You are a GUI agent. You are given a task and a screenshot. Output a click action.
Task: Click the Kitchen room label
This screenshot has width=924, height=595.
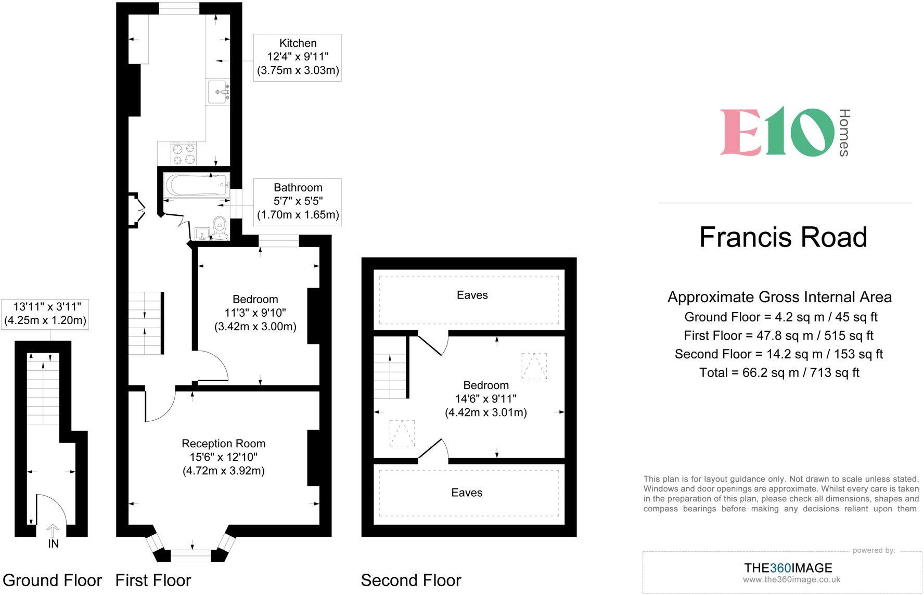[298, 44]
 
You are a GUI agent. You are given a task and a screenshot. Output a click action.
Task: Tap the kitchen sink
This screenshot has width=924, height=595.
[217, 93]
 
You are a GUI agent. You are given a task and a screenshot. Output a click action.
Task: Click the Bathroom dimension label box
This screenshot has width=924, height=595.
[298, 202]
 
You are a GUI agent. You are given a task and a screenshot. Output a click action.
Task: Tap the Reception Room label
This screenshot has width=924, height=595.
[223, 444]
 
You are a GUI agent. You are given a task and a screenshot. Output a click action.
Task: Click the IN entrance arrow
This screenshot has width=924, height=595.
[53, 532]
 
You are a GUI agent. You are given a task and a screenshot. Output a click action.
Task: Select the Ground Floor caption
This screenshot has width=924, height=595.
[52, 580]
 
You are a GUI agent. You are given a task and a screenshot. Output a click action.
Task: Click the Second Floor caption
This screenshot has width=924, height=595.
[411, 580]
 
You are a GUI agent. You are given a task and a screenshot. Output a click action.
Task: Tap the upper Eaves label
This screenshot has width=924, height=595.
[472, 295]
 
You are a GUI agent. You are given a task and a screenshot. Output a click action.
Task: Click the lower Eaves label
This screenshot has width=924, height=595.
[467, 493]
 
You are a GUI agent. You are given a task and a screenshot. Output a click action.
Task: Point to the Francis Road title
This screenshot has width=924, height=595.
[783, 237]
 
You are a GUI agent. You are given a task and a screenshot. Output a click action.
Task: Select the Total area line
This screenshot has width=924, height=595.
[779, 372]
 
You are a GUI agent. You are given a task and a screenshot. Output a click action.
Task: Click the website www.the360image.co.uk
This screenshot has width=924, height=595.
[791, 579]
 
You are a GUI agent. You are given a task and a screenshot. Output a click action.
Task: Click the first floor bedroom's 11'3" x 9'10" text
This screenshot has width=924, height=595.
[255, 313]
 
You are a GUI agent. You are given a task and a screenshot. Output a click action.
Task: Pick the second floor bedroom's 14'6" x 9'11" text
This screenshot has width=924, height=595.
[485, 399]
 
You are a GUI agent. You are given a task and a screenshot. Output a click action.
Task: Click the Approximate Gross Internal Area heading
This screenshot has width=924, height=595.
[779, 297]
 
